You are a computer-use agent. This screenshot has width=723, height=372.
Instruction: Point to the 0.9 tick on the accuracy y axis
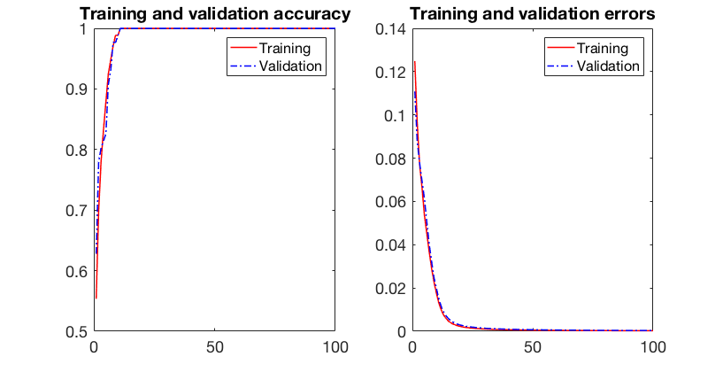(76, 89)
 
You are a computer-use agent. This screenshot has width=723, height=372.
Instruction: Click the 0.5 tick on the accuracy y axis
(76, 331)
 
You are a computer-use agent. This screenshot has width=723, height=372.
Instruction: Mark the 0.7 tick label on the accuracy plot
(76, 211)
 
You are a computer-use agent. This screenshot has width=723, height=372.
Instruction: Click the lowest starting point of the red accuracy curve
(96, 298)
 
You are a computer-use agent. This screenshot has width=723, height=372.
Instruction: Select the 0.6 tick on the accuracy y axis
(76, 271)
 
